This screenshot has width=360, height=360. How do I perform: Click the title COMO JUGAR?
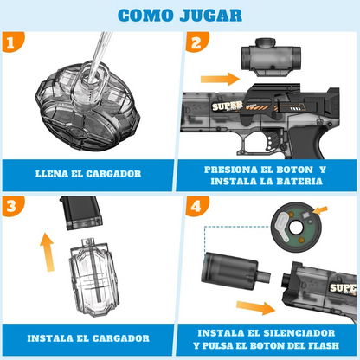tap(179, 15)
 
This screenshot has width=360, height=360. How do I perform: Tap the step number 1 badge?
tap(10, 42)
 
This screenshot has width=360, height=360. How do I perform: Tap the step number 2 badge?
tap(195, 42)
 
